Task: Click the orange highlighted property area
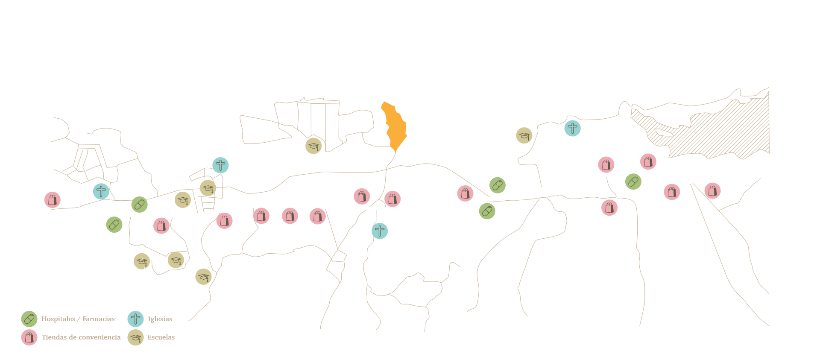tap(395, 126)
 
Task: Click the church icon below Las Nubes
tap(379, 231)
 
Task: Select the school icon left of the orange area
tap(313, 146)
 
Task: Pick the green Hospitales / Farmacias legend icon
tap(29, 319)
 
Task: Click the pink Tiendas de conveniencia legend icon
tap(29, 337)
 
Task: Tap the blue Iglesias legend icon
tap(136, 319)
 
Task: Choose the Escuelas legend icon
tap(136, 337)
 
